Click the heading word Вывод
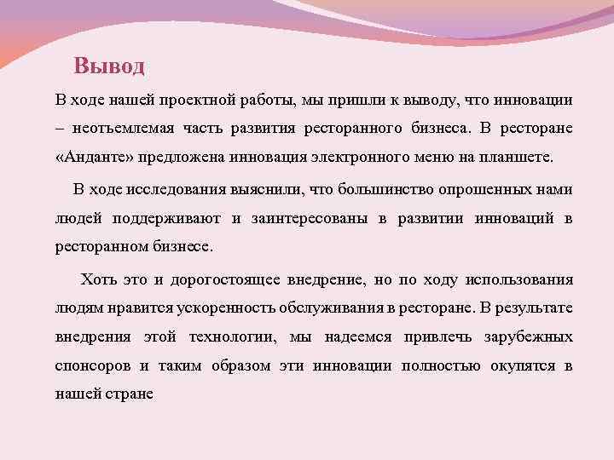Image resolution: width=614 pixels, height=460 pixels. pyautogui.click(x=109, y=66)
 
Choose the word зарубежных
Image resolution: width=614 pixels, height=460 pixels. pyautogui.click(x=524, y=336)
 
